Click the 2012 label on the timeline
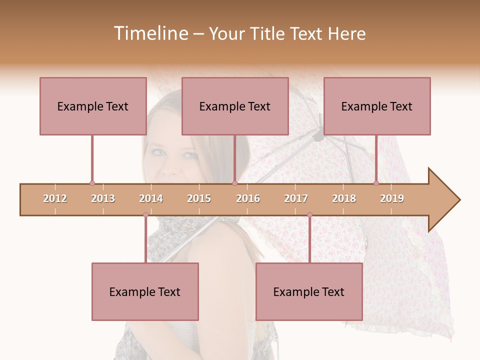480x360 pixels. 55,198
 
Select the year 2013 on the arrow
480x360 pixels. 103,198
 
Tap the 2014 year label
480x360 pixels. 151,198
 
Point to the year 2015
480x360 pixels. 199,198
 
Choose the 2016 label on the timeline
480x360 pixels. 248,198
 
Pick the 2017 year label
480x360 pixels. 296,198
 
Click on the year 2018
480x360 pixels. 344,198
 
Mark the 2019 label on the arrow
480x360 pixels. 392,198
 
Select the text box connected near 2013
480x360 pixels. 93,106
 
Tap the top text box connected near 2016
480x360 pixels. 235,106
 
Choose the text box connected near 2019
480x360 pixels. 377,106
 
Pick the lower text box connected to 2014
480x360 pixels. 145,291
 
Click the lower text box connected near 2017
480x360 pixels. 309,291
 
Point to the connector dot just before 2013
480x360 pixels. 92,183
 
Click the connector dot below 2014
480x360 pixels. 145,215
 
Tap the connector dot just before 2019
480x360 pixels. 376,183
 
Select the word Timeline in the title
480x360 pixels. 149,33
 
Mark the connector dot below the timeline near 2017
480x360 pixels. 309,215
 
